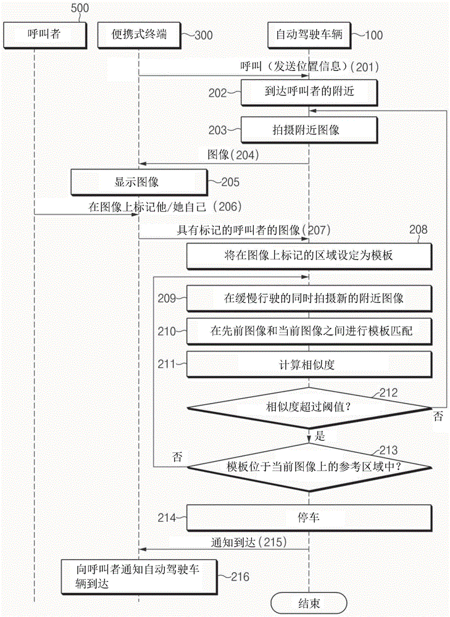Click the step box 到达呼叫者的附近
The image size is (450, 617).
(308, 91)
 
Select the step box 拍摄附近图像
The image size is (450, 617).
(308, 130)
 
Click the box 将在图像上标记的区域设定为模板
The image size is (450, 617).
(308, 256)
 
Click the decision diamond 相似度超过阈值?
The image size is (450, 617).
(308, 407)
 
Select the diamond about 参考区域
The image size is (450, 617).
(308, 466)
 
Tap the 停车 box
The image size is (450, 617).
(308, 518)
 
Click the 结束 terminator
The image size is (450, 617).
(308, 602)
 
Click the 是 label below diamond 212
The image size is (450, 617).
(321, 435)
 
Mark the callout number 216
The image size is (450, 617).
(240, 576)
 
